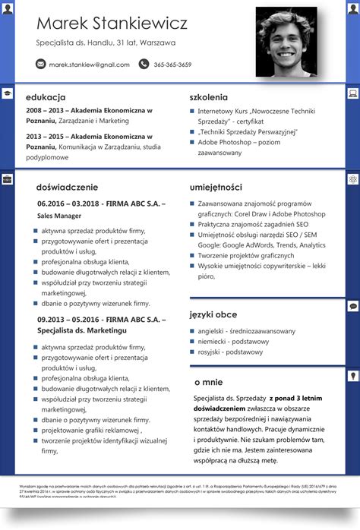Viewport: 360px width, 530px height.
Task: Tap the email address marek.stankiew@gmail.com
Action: [90, 65]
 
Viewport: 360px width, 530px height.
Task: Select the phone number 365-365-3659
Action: [172, 65]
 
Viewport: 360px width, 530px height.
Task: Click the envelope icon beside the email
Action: [41, 65]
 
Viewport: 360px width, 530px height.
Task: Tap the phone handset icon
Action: [144, 65]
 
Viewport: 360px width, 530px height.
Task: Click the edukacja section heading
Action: [46, 97]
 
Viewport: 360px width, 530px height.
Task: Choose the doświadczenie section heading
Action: [67, 187]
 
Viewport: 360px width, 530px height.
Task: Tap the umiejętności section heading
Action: [216, 187]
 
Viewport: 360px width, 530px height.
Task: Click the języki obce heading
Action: [213, 314]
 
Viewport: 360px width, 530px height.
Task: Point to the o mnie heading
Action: [208, 382]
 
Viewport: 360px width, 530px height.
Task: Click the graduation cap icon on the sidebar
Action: [7, 93]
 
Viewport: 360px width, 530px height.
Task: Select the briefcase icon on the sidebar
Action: [7, 180]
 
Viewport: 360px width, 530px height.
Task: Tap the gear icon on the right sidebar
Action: [353, 179]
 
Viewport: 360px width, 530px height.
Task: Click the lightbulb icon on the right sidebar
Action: [353, 376]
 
